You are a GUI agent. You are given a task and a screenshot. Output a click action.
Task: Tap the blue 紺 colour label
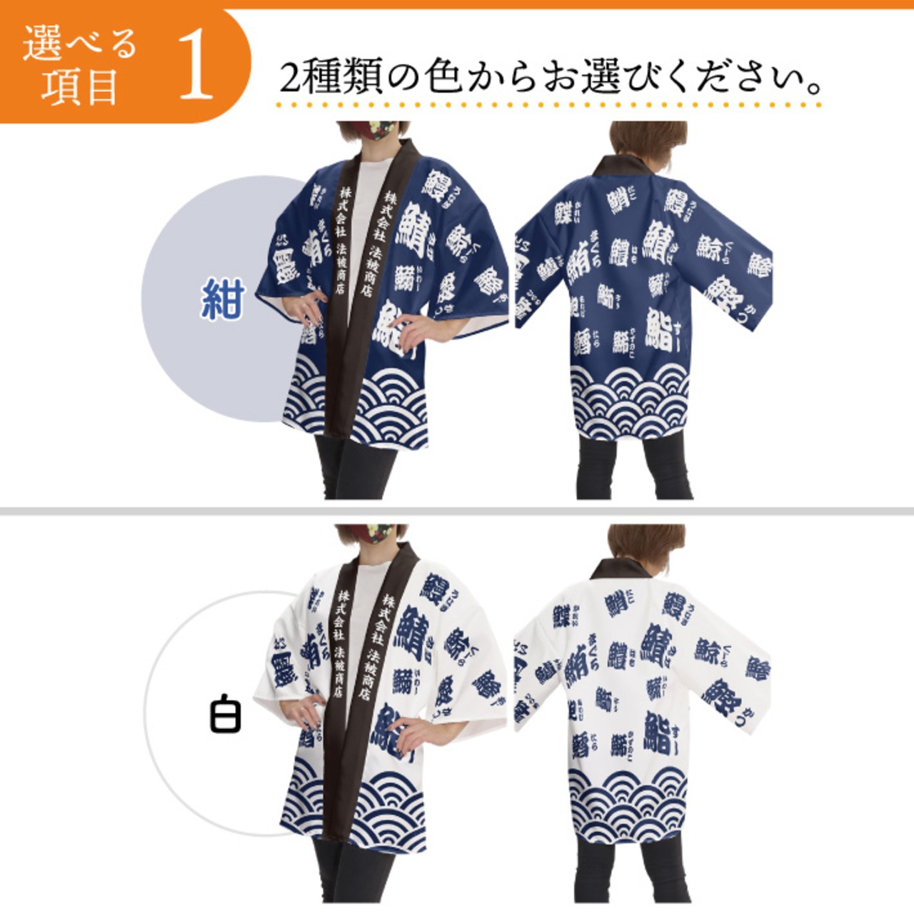(222, 298)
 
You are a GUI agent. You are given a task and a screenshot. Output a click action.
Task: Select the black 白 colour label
(225, 715)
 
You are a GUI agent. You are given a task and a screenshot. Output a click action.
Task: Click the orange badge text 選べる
(79, 44)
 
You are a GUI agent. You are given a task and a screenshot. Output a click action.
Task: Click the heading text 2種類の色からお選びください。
(551, 77)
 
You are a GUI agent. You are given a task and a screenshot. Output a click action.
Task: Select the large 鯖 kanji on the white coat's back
(657, 643)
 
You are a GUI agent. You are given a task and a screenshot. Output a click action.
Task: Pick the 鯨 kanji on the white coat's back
(707, 651)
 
